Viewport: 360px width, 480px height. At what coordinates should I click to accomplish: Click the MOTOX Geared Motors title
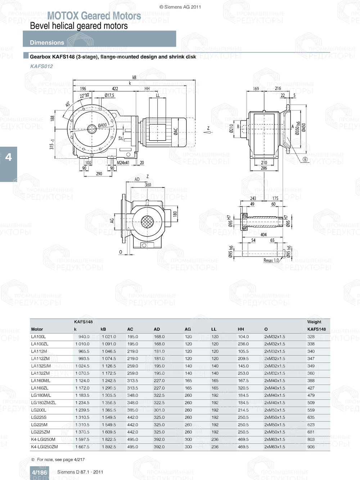pos(94,16)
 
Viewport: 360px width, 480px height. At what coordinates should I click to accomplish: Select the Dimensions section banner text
pos(47,42)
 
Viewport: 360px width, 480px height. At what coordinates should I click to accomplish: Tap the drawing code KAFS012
pos(41,66)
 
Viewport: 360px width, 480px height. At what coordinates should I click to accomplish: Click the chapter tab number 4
pos(8,157)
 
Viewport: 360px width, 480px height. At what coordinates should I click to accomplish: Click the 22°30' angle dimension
pos(85,96)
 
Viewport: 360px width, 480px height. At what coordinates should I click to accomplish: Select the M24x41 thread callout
pos(123,163)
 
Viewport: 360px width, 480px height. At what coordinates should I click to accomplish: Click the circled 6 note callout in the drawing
pos(305,159)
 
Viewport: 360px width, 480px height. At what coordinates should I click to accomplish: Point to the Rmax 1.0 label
pos(271,261)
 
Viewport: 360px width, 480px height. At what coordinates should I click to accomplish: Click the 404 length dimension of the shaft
pos(264,235)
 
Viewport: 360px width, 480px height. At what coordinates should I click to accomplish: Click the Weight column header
pos(314,322)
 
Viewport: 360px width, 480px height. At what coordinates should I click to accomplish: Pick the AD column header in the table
pos(157,329)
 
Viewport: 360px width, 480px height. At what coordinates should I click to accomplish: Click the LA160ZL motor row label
pos(40,388)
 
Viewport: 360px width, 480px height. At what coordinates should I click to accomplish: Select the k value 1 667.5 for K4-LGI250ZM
pos(82,447)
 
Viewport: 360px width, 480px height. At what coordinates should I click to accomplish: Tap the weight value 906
pos(311,447)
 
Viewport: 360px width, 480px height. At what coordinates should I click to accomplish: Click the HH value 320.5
pos(243,388)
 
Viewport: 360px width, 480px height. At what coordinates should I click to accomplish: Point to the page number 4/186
pos(39,472)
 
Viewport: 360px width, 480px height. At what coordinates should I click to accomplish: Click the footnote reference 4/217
pos(79,459)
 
